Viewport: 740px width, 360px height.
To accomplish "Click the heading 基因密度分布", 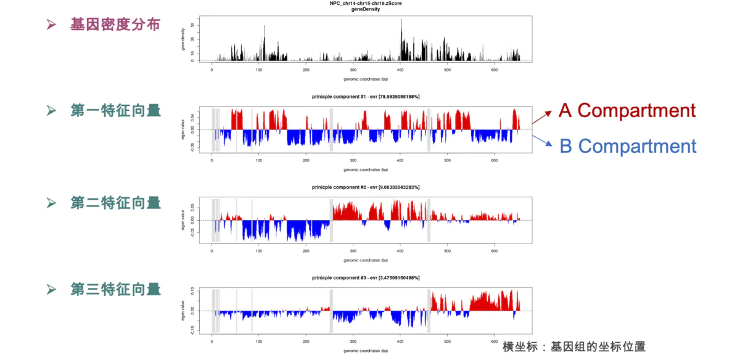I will (x=115, y=25).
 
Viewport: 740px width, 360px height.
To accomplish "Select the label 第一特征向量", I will (x=115, y=111).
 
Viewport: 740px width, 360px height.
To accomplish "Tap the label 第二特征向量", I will (x=115, y=203).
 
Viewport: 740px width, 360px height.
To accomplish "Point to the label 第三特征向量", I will (x=115, y=289).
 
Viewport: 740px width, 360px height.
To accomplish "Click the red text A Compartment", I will (x=627, y=110).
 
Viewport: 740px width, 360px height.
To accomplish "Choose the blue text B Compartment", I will (x=628, y=146).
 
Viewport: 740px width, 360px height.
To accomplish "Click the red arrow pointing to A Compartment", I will (x=543, y=115).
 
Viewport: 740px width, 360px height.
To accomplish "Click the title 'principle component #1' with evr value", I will (x=366, y=97).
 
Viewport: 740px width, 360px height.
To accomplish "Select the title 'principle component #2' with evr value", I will (x=366, y=187).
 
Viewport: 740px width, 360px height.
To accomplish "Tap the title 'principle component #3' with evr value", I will (x=366, y=279).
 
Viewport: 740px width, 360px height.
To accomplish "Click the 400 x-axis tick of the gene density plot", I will (x=400, y=70).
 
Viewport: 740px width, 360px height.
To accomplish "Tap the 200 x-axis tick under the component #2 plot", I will (x=306, y=251).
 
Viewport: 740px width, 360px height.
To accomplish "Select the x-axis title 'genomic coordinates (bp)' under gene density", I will (x=366, y=79).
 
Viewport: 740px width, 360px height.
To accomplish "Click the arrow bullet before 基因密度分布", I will (x=52, y=25).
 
